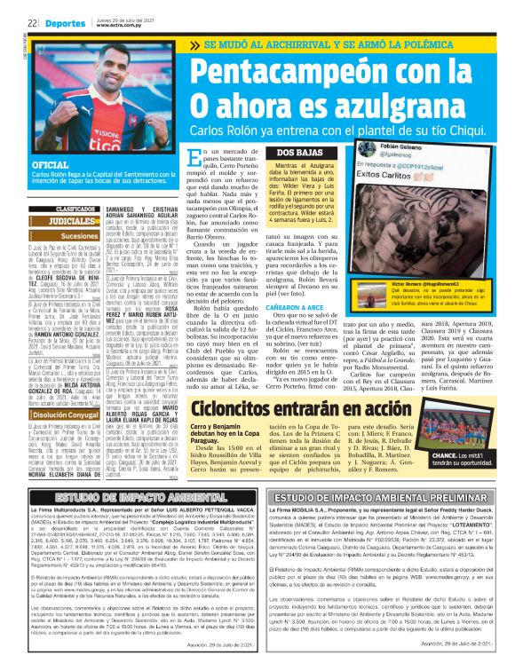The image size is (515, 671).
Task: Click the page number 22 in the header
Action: coord(32,25)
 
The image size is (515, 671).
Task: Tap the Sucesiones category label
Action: coord(81,236)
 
